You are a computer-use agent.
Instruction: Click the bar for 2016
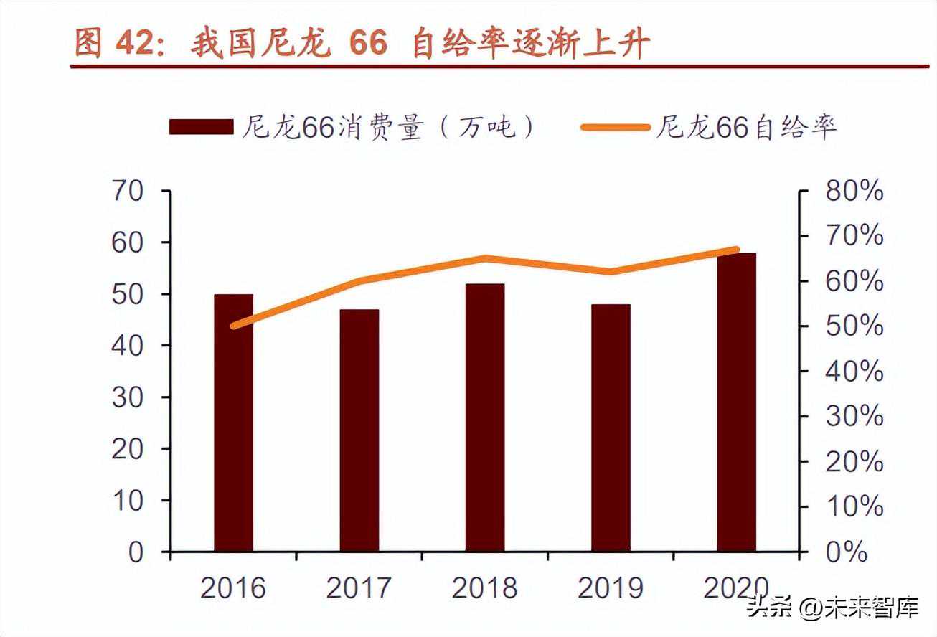[x=233, y=423]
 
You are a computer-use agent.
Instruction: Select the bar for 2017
[x=359, y=430]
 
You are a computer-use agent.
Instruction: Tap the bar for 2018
[x=485, y=417]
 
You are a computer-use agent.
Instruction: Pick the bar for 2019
[x=611, y=428]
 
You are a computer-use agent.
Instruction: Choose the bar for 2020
[x=736, y=402]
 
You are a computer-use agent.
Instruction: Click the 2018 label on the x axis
[x=485, y=588]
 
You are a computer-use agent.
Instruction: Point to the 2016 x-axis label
[x=233, y=588]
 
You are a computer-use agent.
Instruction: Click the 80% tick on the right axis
[x=854, y=192]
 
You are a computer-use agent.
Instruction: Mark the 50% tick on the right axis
[x=854, y=326]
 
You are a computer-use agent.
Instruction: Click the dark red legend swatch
[x=202, y=127]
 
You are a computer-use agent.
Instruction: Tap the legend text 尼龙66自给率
[x=746, y=127]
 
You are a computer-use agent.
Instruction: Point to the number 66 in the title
[x=368, y=44]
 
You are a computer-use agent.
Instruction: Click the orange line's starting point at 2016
[x=233, y=326]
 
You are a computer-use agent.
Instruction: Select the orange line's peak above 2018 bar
[x=485, y=258]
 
